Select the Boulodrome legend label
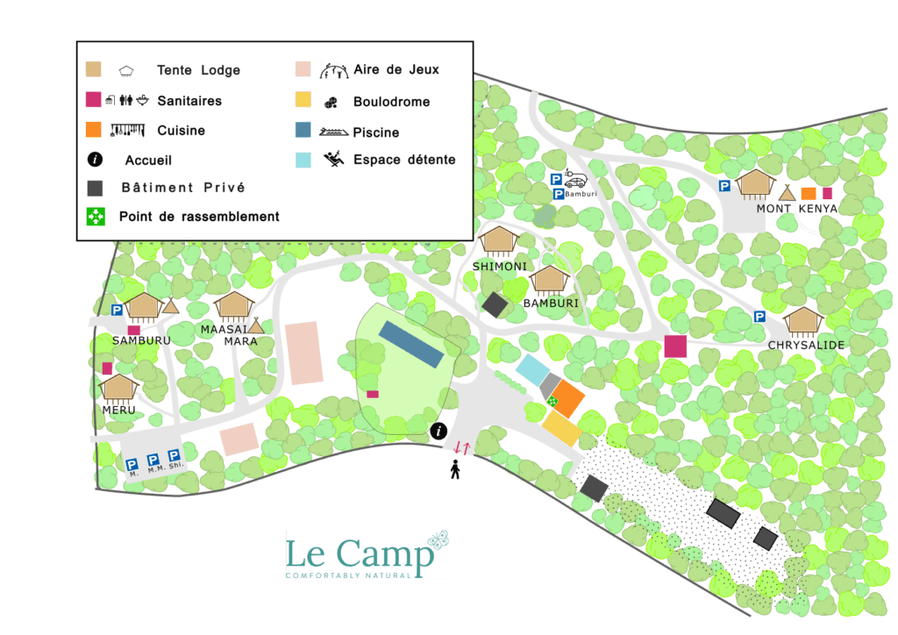391,102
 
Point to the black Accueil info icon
96,160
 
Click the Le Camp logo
367,554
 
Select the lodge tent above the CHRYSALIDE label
802,321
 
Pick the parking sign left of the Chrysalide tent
759,317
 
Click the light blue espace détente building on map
531,369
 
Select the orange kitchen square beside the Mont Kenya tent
808,194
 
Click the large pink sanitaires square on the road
675,346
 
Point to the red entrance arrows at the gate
462,448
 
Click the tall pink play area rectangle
304,353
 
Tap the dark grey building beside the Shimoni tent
495,304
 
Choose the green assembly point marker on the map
552,402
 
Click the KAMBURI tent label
552,303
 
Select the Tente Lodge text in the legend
198,70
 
